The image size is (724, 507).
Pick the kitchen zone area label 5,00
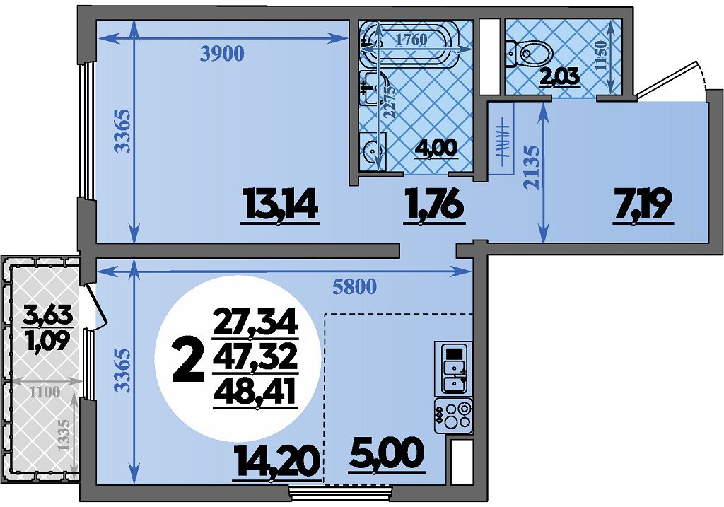click(387, 453)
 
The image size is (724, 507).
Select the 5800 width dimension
click(355, 287)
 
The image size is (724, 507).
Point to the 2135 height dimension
click(532, 167)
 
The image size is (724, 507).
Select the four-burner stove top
click(453, 414)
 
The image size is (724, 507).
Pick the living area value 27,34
click(255, 322)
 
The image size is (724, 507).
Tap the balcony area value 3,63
click(48, 316)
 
